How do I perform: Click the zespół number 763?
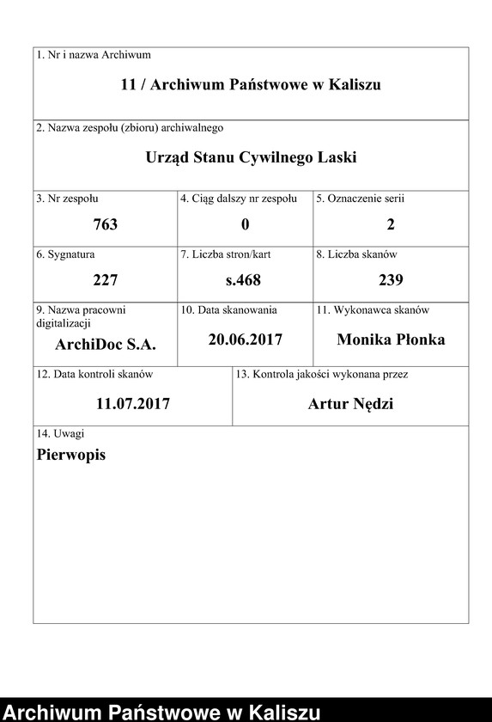(105, 224)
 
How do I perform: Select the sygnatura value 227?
(105, 280)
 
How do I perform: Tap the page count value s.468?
(243, 280)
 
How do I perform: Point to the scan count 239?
(391, 280)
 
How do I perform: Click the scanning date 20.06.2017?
(245, 340)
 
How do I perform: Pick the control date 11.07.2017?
(133, 403)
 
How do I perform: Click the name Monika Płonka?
(391, 340)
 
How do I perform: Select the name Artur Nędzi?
(350, 404)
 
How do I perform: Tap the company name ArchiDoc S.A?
(105, 346)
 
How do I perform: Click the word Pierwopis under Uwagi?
(71, 455)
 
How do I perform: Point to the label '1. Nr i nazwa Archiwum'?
(94, 55)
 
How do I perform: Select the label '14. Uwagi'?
(60, 434)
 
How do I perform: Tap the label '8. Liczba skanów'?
(357, 254)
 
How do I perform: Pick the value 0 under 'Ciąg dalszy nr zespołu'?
(245, 224)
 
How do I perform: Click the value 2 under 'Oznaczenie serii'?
(391, 224)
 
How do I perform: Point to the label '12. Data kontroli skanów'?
(94, 375)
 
